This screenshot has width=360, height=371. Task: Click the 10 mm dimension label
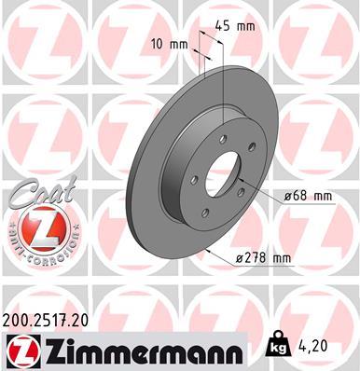(x=168, y=44)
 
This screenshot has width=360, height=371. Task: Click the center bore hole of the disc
(x=224, y=184)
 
